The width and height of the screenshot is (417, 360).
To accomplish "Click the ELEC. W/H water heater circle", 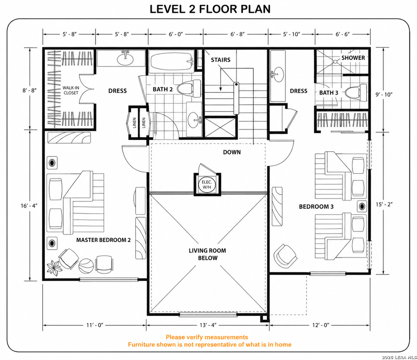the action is pos(207,185).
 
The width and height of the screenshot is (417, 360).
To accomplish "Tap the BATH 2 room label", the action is pos(163,89).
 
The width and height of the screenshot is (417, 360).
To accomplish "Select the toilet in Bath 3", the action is pos(356,93).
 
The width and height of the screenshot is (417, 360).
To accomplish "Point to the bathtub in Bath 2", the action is pos(172,61).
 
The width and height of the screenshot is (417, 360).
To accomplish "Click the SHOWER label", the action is pos(353,58).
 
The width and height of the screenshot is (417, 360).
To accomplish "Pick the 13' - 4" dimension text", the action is pos(208,325).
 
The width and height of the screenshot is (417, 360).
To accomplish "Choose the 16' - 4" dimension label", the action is pos(29,206).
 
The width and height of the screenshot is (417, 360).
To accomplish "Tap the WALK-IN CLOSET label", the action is pos(71,90).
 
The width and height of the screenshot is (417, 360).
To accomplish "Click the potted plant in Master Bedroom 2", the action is pos(53,268).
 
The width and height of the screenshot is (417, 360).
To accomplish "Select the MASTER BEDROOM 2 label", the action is pos(103,240).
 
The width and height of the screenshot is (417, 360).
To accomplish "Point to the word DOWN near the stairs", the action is pos(232,152).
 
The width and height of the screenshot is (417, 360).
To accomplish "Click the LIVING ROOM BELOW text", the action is pos(208,254).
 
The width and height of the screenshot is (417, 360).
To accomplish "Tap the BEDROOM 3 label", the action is pos(316,207).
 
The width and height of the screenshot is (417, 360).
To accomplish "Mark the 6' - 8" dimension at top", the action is pos(237,34).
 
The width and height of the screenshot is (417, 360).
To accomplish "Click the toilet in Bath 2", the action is pos(189,88).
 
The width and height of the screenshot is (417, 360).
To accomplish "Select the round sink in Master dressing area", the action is pos(125,58).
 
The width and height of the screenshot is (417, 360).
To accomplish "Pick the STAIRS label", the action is pos(220,60).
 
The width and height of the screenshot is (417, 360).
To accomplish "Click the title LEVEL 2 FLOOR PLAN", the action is pos(210,9).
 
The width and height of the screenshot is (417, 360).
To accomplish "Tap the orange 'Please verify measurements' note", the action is pos(207,337).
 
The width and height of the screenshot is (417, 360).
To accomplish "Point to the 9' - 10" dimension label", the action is pos(384,94).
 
